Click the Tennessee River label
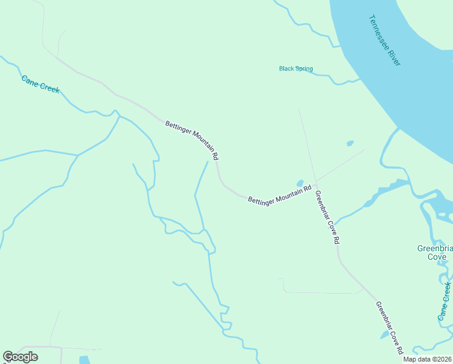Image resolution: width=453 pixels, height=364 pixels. (x=386, y=40)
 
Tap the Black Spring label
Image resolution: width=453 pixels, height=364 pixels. (x=296, y=69)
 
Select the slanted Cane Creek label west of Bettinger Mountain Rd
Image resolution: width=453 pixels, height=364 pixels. (x=41, y=84)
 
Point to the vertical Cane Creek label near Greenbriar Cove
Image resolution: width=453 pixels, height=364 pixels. (x=445, y=301)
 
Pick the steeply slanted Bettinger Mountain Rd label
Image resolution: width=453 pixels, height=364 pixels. (x=192, y=140)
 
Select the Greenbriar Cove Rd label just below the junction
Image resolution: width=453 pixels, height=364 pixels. (x=327, y=217)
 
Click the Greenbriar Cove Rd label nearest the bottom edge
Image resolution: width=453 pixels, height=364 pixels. (x=389, y=328)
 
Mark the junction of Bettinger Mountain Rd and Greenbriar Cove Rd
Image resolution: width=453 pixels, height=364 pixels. (x=316, y=184)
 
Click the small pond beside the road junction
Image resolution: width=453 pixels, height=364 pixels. (x=299, y=183)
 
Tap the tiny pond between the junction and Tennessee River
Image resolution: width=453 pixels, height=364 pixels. (x=349, y=144)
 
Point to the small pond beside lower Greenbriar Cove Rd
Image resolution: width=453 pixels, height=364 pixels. (x=385, y=334)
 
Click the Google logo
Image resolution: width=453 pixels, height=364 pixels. (x=20, y=357)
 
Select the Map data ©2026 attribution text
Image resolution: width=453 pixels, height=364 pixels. (x=427, y=359)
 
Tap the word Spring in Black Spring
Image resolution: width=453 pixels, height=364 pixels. (x=304, y=69)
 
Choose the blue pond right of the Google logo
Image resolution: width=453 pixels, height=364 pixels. (x=84, y=360)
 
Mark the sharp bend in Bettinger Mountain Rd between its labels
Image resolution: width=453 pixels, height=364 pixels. (x=219, y=180)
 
